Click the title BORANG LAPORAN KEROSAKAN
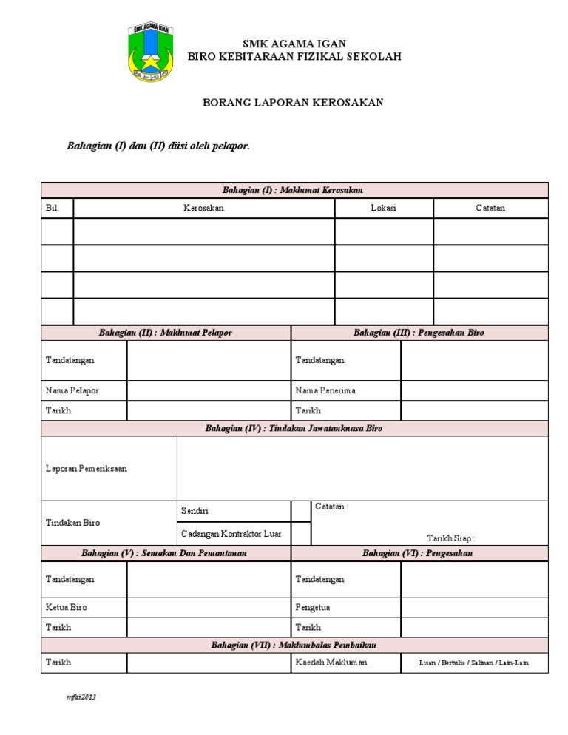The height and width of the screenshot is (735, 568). pyautogui.click(x=294, y=103)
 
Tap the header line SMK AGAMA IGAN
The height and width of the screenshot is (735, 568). pyautogui.click(x=294, y=44)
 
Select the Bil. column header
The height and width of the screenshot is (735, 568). pyautogui.click(x=52, y=209)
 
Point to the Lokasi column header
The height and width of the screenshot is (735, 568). pyautogui.click(x=383, y=209)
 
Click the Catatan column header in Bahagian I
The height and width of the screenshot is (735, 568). pyautogui.click(x=490, y=209)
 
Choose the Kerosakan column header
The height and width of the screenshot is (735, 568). pyautogui.click(x=203, y=209)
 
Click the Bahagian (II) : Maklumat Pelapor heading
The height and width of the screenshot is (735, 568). pyautogui.click(x=166, y=333)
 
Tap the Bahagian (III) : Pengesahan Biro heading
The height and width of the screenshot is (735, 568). pyautogui.click(x=419, y=333)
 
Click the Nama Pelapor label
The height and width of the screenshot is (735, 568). pyautogui.click(x=72, y=390)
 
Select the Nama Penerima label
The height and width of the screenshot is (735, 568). pyautogui.click(x=325, y=390)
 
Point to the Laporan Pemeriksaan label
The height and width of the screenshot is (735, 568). pyautogui.click(x=86, y=469)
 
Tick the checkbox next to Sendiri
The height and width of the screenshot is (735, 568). pyautogui.click(x=301, y=511)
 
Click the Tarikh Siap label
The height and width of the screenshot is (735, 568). pyautogui.click(x=451, y=538)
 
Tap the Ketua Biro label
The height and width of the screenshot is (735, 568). pyautogui.click(x=67, y=608)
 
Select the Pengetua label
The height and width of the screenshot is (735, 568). pyautogui.click(x=313, y=608)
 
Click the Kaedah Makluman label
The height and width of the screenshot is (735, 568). pyautogui.click(x=331, y=663)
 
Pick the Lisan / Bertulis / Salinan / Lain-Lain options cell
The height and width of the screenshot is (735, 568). pyautogui.click(x=474, y=663)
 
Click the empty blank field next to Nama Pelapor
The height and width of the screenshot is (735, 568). pyautogui.click(x=209, y=390)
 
